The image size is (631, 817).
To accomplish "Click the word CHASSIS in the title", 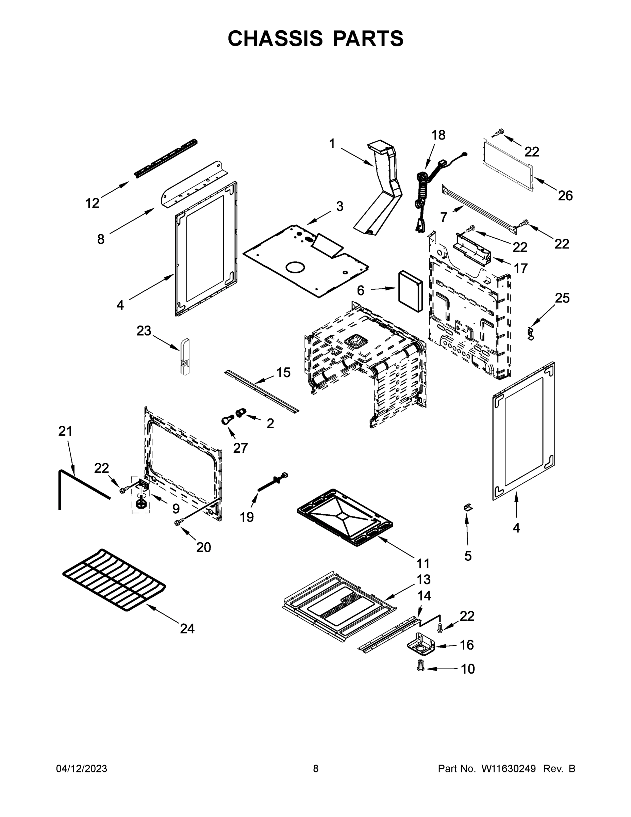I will pyautogui.click(x=275, y=38).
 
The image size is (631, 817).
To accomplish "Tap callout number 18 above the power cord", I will pyautogui.click(x=438, y=135).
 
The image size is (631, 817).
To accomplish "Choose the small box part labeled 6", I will pyautogui.click(x=410, y=291).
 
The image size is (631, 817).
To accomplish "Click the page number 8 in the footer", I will pyautogui.click(x=316, y=768).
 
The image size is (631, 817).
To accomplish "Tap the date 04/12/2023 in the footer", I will pyautogui.click(x=82, y=768).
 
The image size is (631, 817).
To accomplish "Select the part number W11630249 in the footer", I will pyautogui.click(x=509, y=768).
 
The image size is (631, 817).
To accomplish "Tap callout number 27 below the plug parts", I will pyautogui.click(x=240, y=448).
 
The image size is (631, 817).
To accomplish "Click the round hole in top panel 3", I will pyautogui.click(x=295, y=268).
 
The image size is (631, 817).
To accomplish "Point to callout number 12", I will pyautogui.click(x=92, y=203).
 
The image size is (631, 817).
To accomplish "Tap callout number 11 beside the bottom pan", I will pyautogui.click(x=423, y=563).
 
